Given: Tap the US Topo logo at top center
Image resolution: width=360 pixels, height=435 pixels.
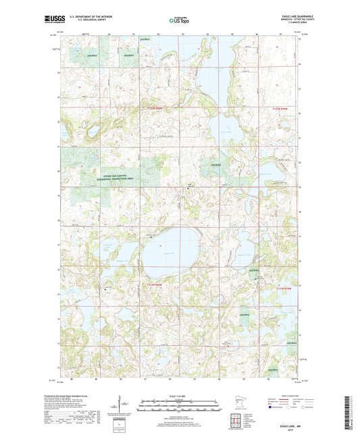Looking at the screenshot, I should (180, 20).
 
